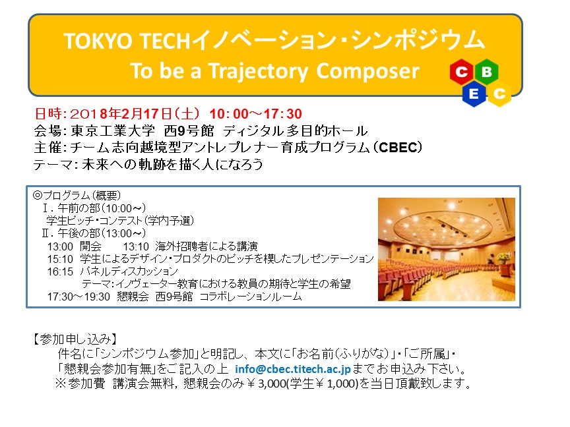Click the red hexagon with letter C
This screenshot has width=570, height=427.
tap(462, 72)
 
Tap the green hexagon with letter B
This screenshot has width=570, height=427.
tap(486, 72)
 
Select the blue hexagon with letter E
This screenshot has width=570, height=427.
tap(474, 94)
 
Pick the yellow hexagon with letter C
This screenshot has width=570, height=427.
tap(499, 94)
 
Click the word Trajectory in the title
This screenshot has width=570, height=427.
tap(259, 71)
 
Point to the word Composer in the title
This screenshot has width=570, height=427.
tap(367, 71)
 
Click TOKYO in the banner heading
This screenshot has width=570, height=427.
tap(98, 40)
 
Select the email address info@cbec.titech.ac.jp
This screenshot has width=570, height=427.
tap(293, 369)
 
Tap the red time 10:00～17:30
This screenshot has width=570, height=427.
tap(255, 113)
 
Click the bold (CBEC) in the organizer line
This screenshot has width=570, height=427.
tap(398, 148)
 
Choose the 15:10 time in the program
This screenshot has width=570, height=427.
tap(60, 259)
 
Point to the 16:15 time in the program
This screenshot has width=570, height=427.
tap(60, 271)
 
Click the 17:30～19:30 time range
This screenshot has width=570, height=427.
tap(79, 297)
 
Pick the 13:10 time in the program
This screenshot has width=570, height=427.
tap(136, 246)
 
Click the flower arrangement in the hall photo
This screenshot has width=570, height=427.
tap(503, 258)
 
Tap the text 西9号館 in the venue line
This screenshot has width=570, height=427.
tap(189, 130)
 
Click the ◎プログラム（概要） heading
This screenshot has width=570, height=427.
tap(77, 195)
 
